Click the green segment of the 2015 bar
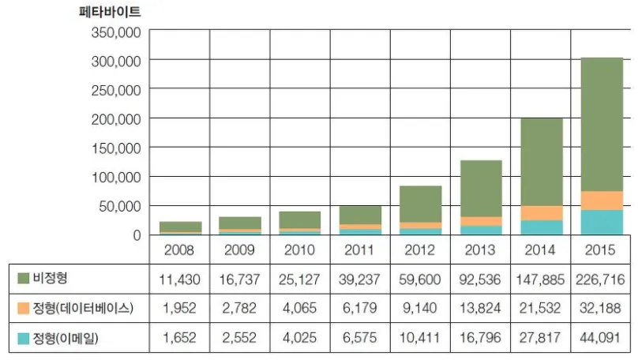click(x=602, y=124)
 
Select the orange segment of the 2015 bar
click(x=602, y=201)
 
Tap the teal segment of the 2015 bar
click(x=602, y=223)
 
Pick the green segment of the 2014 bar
click(x=542, y=162)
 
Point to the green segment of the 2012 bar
click(x=421, y=204)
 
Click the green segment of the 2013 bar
click(x=481, y=188)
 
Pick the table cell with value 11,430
click(x=179, y=279)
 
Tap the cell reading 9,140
click(x=421, y=309)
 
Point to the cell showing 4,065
click(x=300, y=309)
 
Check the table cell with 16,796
click(x=481, y=339)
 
